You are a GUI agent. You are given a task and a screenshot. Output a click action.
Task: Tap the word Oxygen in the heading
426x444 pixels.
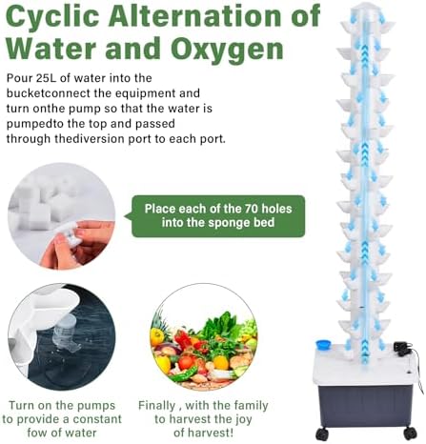click(x=227, y=49)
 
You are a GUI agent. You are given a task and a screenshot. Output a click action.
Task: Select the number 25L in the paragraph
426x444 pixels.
click(x=44, y=78)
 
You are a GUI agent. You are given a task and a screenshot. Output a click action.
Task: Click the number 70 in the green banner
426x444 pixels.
click(x=251, y=209)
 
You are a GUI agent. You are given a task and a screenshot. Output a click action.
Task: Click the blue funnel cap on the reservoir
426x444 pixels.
click(x=323, y=345)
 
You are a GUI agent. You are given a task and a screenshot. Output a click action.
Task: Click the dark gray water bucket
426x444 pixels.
click(x=365, y=402)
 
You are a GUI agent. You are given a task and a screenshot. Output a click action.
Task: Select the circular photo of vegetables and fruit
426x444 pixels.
click(x=203, y=337)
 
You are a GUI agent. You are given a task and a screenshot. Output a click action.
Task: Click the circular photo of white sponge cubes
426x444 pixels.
click(x=61, y=216)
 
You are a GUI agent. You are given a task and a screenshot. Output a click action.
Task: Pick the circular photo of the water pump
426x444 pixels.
click(x=61, y=337)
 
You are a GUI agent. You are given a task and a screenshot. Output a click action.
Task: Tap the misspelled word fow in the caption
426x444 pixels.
click(x=36, y=433)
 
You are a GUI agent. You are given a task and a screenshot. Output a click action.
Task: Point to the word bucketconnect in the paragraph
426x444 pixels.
click(x=59, y=93)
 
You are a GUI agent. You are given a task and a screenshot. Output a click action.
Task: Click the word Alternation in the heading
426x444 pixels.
click(x=193, y=16)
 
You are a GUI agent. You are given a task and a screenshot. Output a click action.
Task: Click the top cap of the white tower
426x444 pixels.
click(x=367, y=8)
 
